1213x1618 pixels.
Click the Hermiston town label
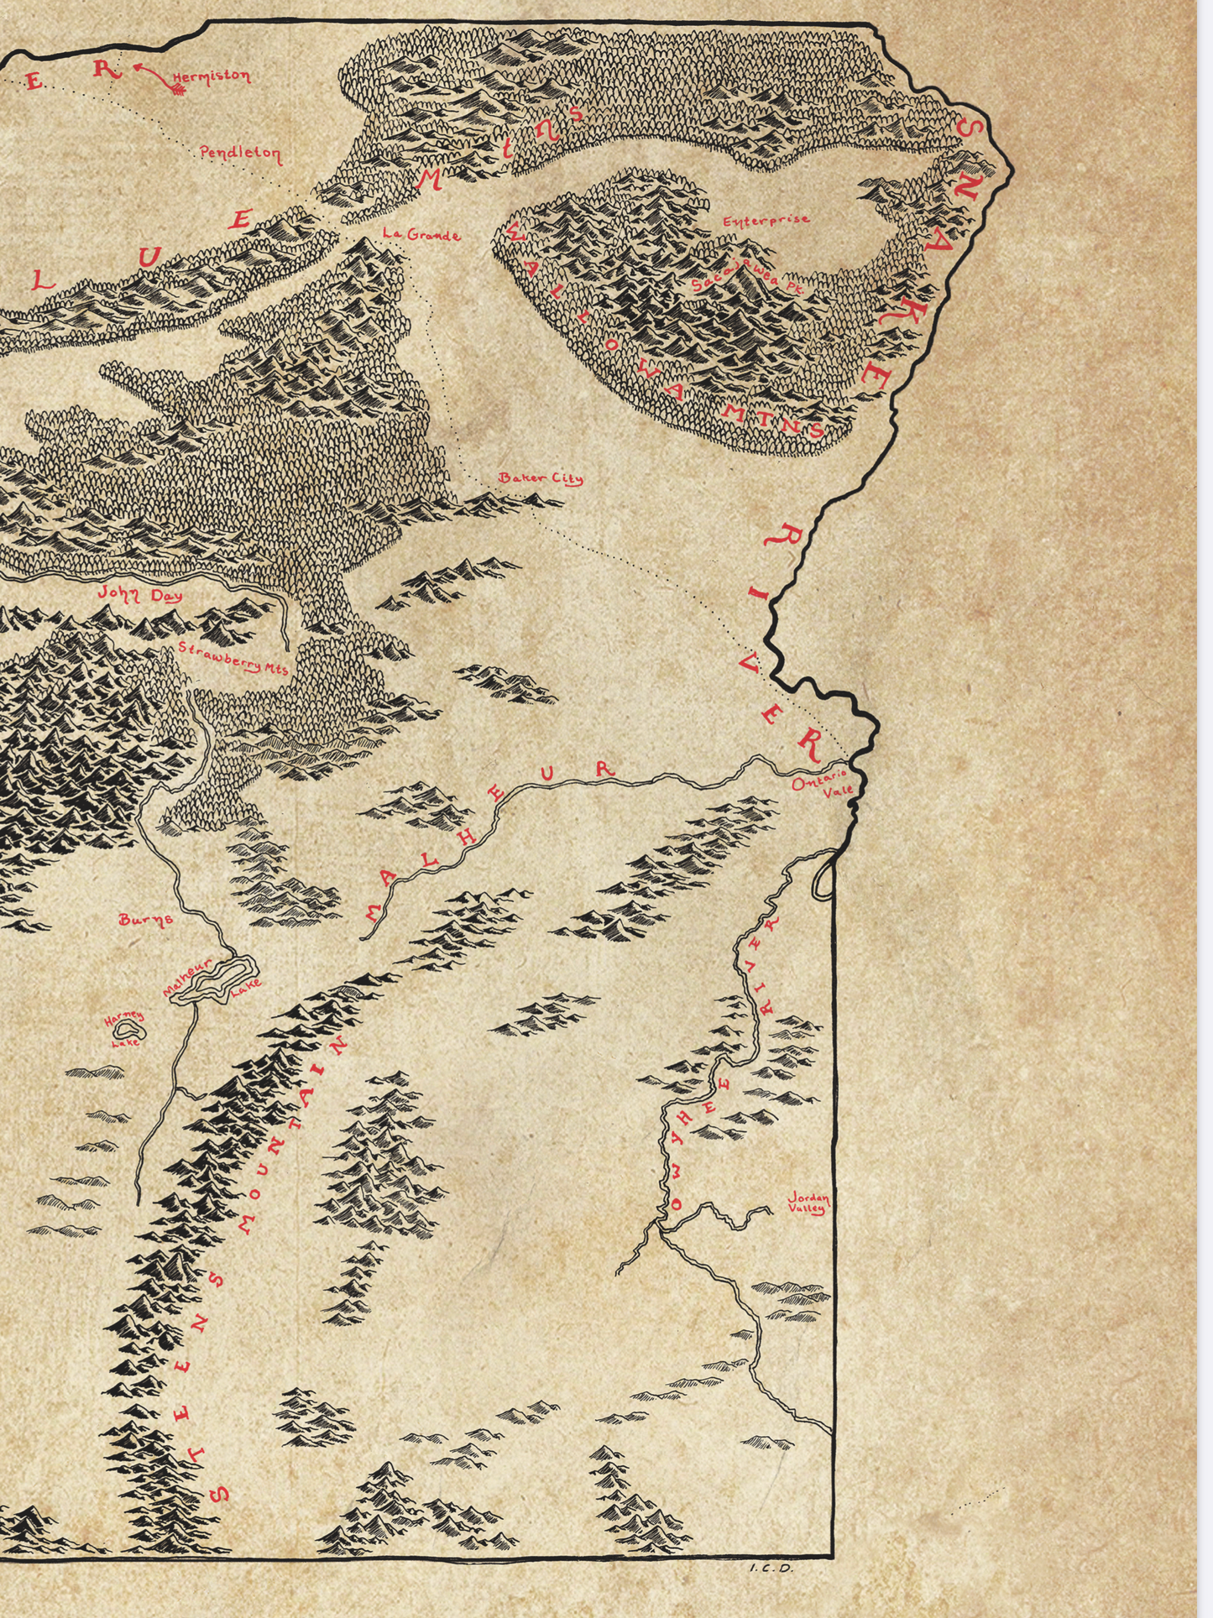point(212,78)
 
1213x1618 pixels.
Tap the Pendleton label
point(240,154)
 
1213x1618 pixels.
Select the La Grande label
point(421,235)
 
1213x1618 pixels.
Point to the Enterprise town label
point(766,221)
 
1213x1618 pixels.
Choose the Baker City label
point(541,478)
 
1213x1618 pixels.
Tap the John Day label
point(140,594)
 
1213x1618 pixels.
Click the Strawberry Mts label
point(233,658)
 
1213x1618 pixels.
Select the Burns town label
point(146,919)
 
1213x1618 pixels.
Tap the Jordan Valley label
point(808,1203)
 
